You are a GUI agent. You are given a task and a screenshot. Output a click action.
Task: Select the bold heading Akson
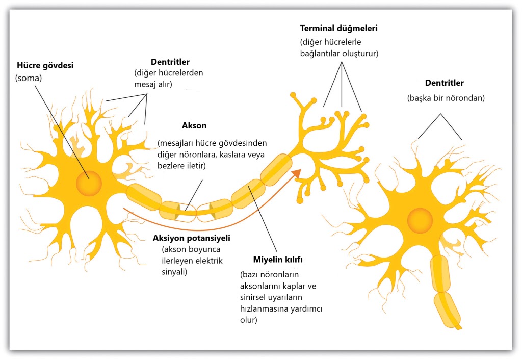(194, 125)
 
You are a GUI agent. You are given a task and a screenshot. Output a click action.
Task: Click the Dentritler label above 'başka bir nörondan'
(444, 82)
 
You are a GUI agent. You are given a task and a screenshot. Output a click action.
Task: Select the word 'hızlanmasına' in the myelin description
(263, 310)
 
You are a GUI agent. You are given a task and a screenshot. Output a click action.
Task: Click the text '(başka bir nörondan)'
(445, 98)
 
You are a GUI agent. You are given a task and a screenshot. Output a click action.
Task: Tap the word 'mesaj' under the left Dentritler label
(146, 84)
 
